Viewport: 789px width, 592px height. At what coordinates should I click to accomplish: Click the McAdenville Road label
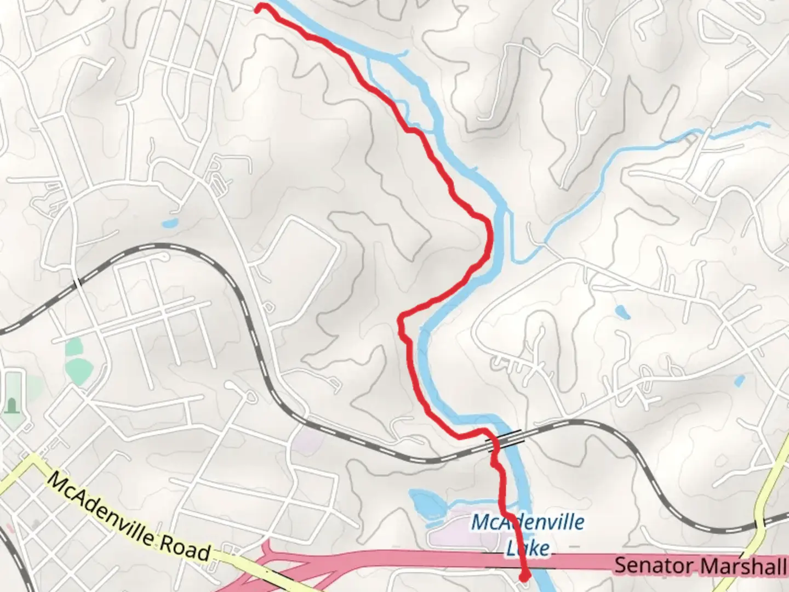click(x=129, y=517)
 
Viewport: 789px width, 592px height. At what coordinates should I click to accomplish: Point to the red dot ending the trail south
click(x=524, y=576)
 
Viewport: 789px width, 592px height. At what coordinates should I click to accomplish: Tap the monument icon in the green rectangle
click(x=11, y=406)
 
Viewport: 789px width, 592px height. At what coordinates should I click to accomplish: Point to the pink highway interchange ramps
click(x=274, y=565)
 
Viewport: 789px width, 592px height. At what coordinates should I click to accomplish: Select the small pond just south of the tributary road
click(x=621, y=312)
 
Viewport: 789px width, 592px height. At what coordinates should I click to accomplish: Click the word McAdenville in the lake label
click(x=527, y=522)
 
